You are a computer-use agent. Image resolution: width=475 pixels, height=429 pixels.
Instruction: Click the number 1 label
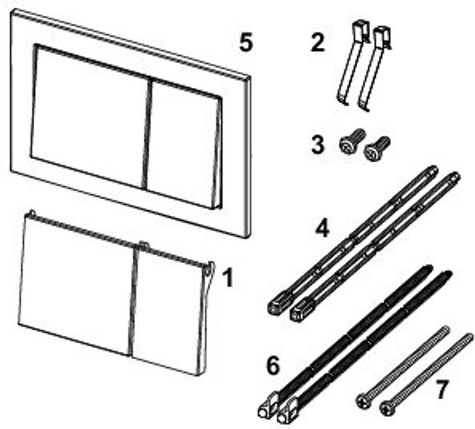point(227,279)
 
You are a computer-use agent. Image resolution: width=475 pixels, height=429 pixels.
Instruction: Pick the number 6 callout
point(273,365)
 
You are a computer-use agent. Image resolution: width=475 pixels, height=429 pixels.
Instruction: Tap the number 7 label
point(440,390)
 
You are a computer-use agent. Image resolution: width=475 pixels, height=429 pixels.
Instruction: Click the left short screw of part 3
point(353,140)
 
